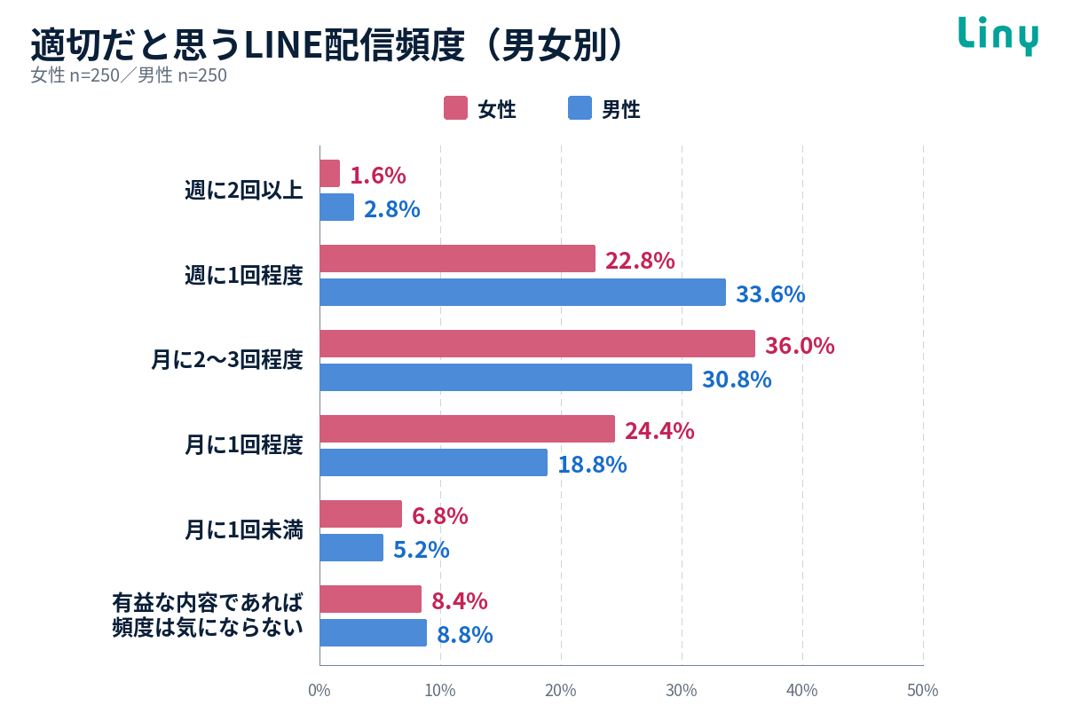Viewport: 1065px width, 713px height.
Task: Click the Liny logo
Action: (x=998, y=35)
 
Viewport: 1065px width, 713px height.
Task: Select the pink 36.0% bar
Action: (x=537, y=343)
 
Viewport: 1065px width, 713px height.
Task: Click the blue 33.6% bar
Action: (x=523, y=292)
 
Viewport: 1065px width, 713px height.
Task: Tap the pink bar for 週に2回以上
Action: (x=330, y=174)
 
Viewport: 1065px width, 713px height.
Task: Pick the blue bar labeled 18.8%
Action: (x=434, y=462)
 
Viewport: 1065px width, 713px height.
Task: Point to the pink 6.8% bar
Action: (x=361, y=513)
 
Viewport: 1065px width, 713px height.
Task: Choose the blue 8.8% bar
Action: (x=374, y=632)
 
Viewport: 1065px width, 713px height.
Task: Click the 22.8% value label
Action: (x=640, y=261)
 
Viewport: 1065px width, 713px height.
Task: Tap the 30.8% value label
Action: (x=737, y=380)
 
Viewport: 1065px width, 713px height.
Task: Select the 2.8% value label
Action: (x=392, y=209)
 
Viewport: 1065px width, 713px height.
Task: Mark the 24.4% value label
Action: (x=659, y=431)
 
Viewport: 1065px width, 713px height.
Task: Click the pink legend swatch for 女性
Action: (x=455, y=108)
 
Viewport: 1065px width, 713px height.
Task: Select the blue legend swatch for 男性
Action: (x=580, y=108)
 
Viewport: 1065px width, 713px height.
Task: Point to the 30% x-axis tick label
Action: (x=682, y=690)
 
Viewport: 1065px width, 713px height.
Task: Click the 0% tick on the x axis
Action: (x=319, y=690)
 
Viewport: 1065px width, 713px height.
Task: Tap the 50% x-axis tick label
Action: (x=923, y=690)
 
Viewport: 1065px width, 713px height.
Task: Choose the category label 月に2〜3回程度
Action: (x=227, y=359)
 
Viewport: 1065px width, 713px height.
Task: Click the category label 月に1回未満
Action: (x=244, y=530)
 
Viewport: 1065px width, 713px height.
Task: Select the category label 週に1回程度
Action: (x=244, y=276)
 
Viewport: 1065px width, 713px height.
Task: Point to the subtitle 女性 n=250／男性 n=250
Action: (x=129, y=75)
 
